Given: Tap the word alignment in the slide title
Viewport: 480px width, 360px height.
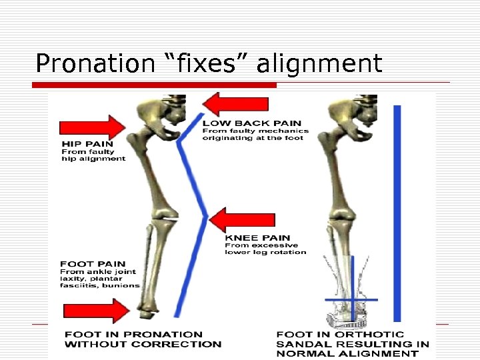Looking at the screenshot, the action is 319,64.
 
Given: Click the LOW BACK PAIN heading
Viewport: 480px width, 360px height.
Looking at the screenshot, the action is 251,123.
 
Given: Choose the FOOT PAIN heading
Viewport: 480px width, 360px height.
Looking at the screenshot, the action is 93,264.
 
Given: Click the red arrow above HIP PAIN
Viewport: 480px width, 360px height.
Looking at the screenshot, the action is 93,127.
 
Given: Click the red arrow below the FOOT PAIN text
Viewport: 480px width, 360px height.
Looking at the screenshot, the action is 97,311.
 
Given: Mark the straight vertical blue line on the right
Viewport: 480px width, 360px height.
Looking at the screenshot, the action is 397,213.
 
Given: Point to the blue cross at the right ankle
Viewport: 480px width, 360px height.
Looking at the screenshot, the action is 351,300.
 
